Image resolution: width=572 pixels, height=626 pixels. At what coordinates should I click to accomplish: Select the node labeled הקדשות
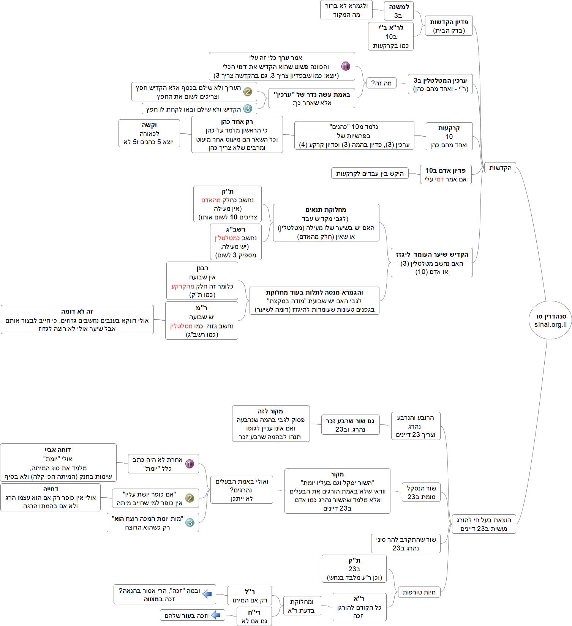point(500,168)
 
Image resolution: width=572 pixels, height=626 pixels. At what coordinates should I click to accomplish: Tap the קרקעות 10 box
point(449,136)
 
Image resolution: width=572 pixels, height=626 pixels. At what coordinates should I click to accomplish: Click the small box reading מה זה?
point(381,83)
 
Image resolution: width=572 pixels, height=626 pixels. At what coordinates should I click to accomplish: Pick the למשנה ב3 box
point(398,11)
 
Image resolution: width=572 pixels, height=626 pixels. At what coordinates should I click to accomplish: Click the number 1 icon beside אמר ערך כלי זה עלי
point(345,66)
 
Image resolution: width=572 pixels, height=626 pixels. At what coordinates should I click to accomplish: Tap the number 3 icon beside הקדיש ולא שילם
point(248,109)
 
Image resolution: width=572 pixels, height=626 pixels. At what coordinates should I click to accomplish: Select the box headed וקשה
point(149,133)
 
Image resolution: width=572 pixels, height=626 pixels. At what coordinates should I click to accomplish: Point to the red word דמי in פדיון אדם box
point(439,179)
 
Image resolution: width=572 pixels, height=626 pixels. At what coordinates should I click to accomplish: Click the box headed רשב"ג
point(235,242)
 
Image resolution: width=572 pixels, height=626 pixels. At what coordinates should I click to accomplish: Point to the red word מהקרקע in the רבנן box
point(183,286)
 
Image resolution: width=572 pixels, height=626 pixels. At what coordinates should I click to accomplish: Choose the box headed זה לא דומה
point(77,320)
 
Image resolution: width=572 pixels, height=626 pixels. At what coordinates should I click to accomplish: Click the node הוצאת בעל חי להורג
point(484,524)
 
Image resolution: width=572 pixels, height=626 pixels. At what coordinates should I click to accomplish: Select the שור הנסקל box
point(421,492)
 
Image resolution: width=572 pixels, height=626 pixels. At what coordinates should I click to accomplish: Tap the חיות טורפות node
point(419,592)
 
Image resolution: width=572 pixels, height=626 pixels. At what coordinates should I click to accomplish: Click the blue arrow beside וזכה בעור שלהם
point(216,615)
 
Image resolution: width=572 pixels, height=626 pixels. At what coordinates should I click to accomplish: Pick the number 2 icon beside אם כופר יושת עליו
point(190,498)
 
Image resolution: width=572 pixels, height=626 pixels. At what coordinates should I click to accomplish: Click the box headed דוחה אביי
point(58,463)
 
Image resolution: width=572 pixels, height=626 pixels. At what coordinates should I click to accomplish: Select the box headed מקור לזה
point(270,424)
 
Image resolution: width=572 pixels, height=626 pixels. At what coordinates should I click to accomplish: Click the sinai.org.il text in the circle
point(550,325)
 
